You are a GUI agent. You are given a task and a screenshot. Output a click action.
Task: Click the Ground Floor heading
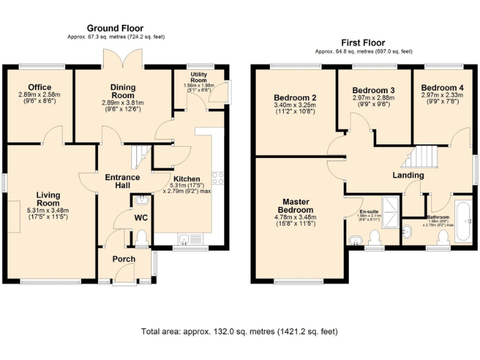click(114, 28)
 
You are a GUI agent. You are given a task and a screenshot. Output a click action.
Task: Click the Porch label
click(124, 259)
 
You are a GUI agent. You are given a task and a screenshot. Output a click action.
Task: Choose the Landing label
click(407, 176)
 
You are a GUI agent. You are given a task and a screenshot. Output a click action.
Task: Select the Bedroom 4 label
click(442, 87)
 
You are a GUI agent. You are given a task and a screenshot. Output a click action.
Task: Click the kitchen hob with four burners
click(218, 177)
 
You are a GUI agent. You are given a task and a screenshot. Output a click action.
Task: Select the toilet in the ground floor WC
click(142, 237)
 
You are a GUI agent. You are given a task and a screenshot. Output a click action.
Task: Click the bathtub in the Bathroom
click(463, 221)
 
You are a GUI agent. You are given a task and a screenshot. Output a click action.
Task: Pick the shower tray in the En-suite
click(389, 211)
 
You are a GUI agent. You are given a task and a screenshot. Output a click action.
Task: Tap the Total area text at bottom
click(239, 331)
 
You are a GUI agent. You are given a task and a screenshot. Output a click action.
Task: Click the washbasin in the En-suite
click(357, 240)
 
